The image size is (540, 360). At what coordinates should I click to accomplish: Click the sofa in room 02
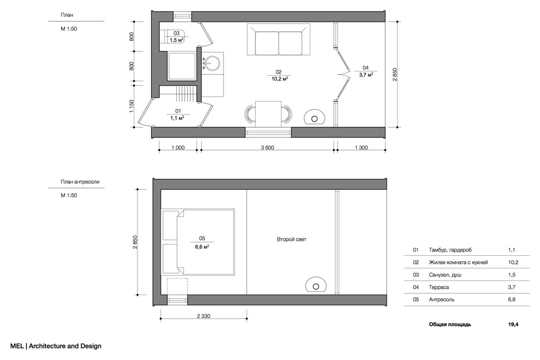coord(279,39)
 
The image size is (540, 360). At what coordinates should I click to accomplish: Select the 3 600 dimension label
coord(267,148)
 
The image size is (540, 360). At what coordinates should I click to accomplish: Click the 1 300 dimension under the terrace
coord(361,148)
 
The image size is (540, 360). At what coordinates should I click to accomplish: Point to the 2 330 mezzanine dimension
coord(203,316)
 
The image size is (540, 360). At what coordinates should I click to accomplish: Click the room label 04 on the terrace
coord(365,68)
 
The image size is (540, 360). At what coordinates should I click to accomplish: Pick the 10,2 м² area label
coord(280,79)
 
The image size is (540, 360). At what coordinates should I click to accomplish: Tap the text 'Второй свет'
coord(291,239)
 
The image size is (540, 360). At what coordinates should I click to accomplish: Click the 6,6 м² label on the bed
coord(202,247)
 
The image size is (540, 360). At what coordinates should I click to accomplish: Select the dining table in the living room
coord(268,114)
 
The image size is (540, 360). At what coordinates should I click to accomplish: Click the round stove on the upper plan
coord(314,117)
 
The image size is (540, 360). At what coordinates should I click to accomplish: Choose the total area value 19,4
coord(513,324)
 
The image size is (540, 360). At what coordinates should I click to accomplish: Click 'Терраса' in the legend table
coord(439,287)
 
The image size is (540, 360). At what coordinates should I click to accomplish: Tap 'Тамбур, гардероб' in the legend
coord(450,250)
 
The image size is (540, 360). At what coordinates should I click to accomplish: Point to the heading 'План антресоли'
coord(80,182)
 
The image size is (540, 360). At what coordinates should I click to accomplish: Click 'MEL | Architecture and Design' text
coord(56,346)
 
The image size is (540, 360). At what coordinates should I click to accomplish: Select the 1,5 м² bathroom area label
coord(176,40)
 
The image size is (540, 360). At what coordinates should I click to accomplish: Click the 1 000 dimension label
coord(178,148)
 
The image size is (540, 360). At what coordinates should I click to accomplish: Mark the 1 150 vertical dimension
coord(131,106)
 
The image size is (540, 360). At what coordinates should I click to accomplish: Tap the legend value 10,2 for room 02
coord(513,262)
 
